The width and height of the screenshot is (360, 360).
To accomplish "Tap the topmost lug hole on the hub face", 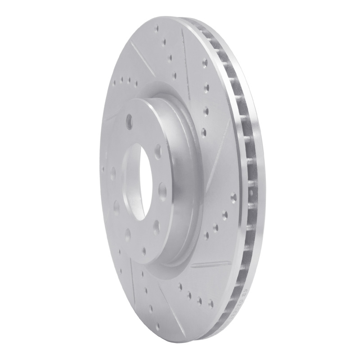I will tap(130, 121).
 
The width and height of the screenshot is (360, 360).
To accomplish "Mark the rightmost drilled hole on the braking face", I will tap(233, 197).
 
